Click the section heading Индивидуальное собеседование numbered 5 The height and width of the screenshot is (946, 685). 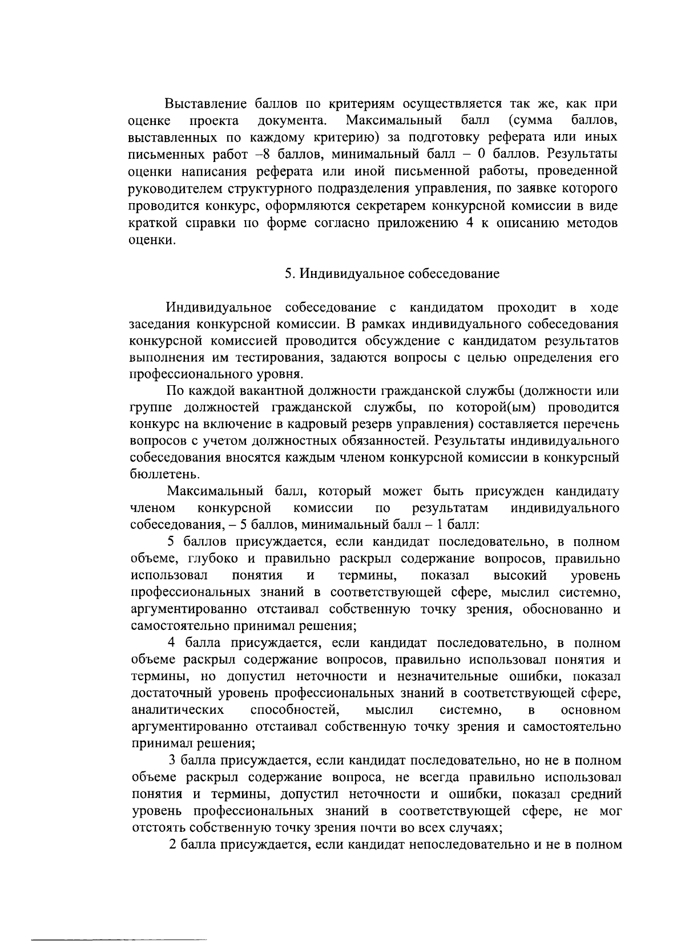[x=392, y=274]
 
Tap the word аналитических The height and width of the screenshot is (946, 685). [x=177, y=710]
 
